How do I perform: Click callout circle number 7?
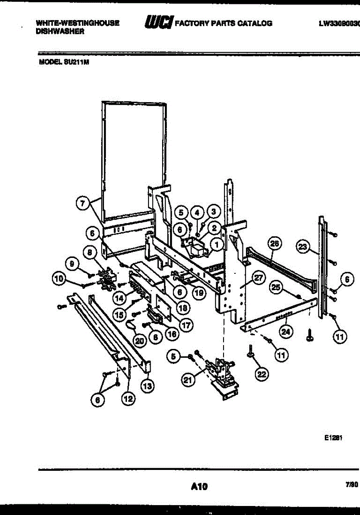click(x=84, y=204)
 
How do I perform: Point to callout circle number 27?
click(x=257, y=278)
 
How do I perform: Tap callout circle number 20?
click(x=139, y=341)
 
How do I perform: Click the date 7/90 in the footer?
click(x=351, y=484)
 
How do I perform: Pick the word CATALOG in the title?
click(x=255, y=23)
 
